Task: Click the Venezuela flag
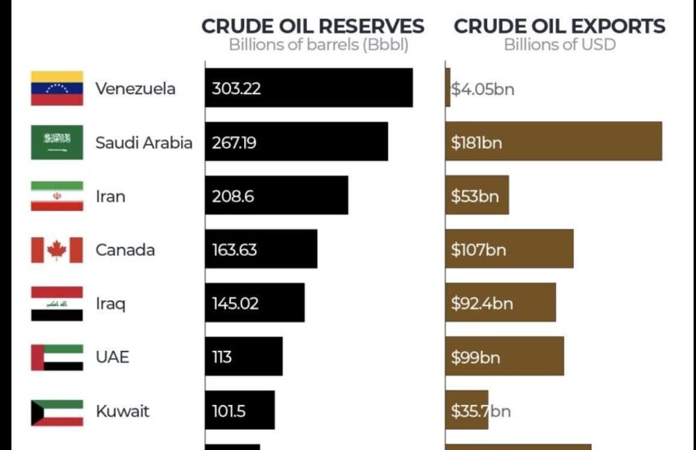tap(56, 88)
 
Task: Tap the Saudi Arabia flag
tap(56, 142)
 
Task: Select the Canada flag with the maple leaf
tap(56, 250)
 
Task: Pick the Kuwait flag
tap(56, 412)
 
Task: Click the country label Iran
tap(111, 196)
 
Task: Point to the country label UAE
tap(112, 358)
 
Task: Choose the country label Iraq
tap(111, 304)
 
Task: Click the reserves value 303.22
tap(236, 88)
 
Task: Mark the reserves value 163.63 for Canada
tap(234, 250)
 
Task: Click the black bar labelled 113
tap(243, 357)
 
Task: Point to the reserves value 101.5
tap(228, 411)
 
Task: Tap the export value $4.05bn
tap(482, 88)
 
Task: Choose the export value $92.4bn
tap(481, 304)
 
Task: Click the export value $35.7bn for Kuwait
tap(480, 411)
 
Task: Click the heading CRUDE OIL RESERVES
tap(313, 26)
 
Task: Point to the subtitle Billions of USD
tap(559, 44)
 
